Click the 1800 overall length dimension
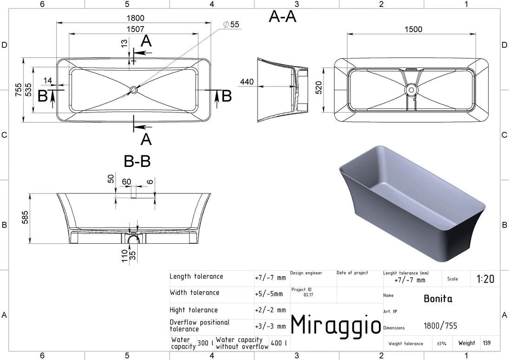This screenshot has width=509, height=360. point(136,18)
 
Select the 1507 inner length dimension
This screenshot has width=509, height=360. point(135,29)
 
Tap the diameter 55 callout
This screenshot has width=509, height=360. point(231,24)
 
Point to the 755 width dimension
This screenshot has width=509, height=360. point(19,90)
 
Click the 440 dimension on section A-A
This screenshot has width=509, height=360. point(247,81)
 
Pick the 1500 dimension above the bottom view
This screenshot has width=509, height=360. point(413,30)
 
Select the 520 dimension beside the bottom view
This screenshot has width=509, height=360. point(319,88)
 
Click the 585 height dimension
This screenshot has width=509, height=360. point(25,218)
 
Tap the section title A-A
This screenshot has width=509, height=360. point(283,16)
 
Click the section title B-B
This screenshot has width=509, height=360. point(137,161)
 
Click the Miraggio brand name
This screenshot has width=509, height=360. point(336,325)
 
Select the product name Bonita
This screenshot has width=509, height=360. point(438,299)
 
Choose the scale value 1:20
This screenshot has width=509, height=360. point(485,279)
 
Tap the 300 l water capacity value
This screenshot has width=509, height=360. point(205,343)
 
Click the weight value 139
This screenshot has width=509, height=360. point(487,343)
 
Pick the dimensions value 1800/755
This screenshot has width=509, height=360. point(440,326)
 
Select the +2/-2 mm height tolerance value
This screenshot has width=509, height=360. point(271,310)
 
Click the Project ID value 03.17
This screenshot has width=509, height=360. point(308,295)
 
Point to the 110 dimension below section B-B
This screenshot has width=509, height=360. point(126,256)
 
